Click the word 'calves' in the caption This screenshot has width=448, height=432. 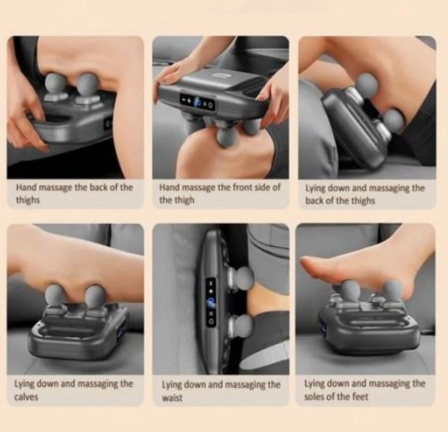click(x=26, y=397)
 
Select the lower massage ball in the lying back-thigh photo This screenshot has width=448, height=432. click(x=394, y=120)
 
